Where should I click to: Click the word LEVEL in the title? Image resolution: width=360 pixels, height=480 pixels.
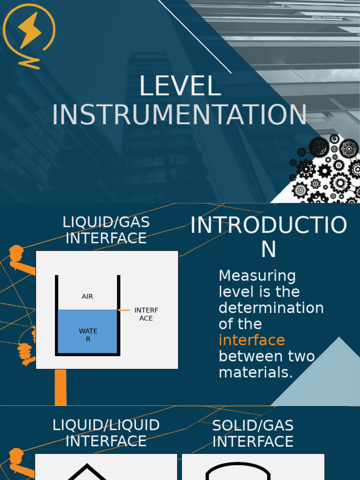[x=180, y=87]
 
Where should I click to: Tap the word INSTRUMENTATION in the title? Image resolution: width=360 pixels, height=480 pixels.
[x=180, y=115]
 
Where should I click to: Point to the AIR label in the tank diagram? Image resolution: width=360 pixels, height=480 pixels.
[x=87, y=297]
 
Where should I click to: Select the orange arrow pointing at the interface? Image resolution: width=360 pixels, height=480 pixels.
[x=124, y=310]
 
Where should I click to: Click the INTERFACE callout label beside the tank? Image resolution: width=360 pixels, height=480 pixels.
[x=146, y=314]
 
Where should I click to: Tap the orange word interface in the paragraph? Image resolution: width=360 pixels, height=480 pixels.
[x=252, y=340]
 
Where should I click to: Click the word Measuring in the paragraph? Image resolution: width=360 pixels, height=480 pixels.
[x=257, y=276]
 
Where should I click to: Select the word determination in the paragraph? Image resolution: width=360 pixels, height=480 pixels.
[x=271, y=308]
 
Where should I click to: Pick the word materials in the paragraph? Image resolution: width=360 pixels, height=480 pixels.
[x=255, y=373]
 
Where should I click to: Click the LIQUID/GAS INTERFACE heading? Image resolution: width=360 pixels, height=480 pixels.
[x=106, y=230]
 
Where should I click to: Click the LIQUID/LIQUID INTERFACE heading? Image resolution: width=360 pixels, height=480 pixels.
[x=106, y=433]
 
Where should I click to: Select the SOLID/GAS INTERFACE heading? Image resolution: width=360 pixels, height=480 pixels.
[x=253, y=434]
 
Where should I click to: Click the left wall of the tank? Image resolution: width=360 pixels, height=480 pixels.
[x=57, y=314]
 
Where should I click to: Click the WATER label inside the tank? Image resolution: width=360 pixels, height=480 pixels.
[x=88, y=335]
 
